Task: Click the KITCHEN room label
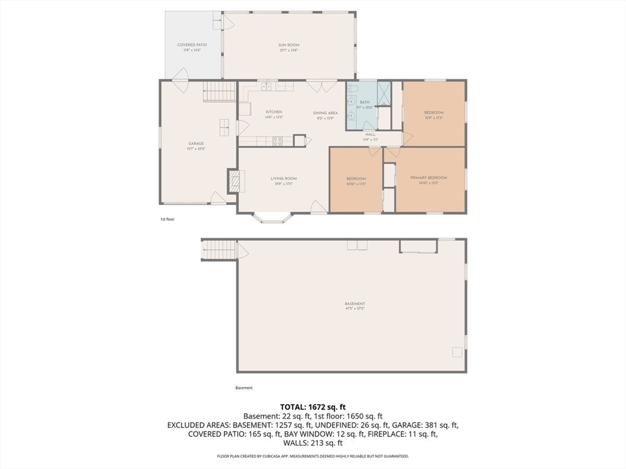273,112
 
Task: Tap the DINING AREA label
325,113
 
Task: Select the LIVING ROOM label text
284,179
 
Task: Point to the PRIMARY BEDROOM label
429,178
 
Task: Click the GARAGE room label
196,144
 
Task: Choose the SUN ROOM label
289,45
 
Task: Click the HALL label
370,134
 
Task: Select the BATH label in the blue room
365,103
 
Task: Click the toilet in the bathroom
353,89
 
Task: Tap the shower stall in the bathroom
384,93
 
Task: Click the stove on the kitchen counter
278,141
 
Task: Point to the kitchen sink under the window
267,87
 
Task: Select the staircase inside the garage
219,92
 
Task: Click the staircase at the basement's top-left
219,250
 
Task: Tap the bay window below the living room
273,217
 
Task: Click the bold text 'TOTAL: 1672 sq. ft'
312,406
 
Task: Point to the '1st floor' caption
167,219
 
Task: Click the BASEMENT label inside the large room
355,304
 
